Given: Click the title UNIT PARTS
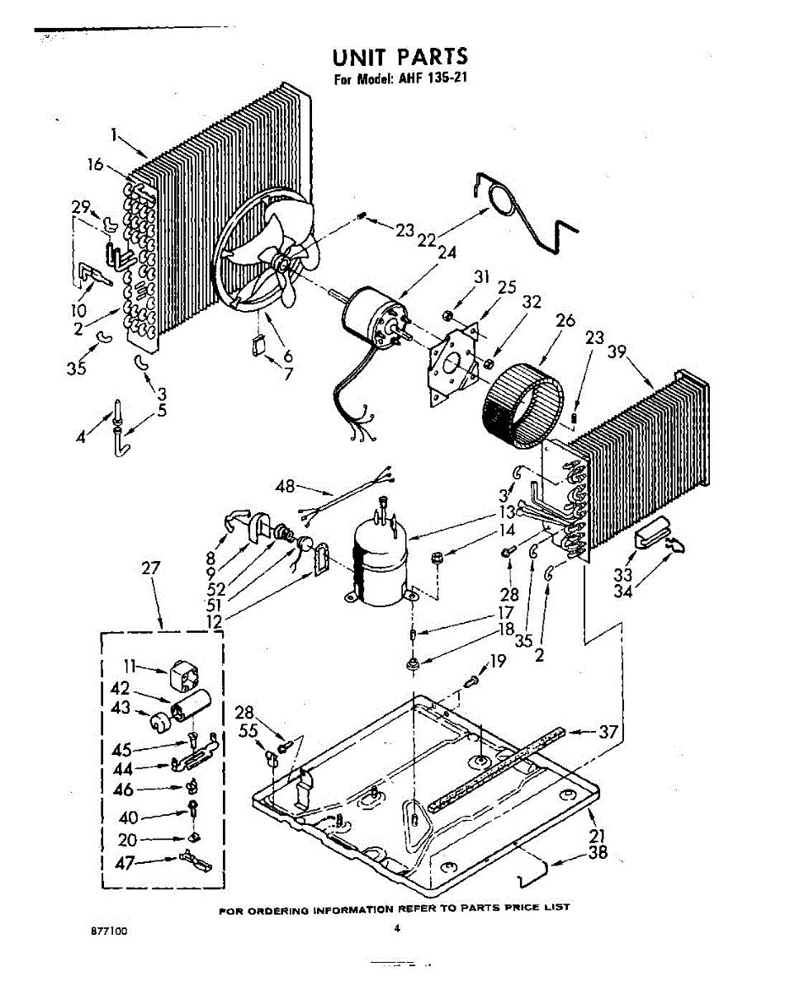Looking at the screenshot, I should tap(400, 57).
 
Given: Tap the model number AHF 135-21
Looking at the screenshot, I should tap(428, 80).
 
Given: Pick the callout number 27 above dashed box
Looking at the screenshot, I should tap(151, 568).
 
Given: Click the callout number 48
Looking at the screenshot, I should tap(285, 487).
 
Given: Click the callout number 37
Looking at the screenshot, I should tap(608, 731).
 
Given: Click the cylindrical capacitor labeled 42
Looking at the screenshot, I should tap(190, 707).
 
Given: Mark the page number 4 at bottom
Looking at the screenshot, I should tap(398, 927).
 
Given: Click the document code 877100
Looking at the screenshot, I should tap(109, 930).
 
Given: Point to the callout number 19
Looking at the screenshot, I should tap(497, 660).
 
